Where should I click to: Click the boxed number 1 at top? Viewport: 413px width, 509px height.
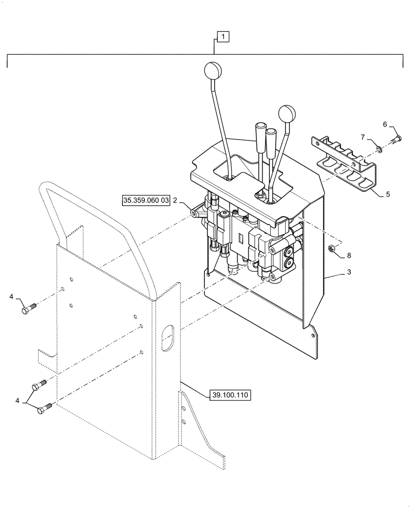(224, 37)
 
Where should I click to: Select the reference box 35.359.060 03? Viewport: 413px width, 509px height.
(145, 201)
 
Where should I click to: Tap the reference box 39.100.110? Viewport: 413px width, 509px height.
(230, 395)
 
